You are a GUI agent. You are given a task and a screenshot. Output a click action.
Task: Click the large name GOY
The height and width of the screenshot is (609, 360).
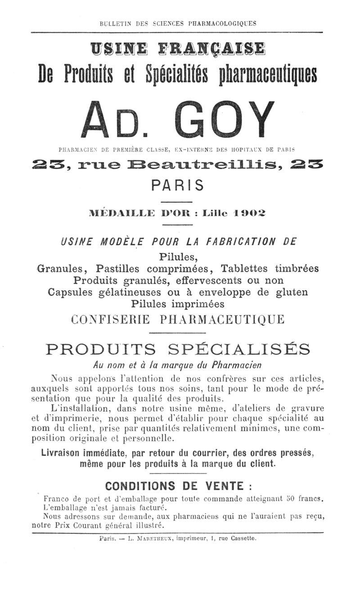coord(224,119)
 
